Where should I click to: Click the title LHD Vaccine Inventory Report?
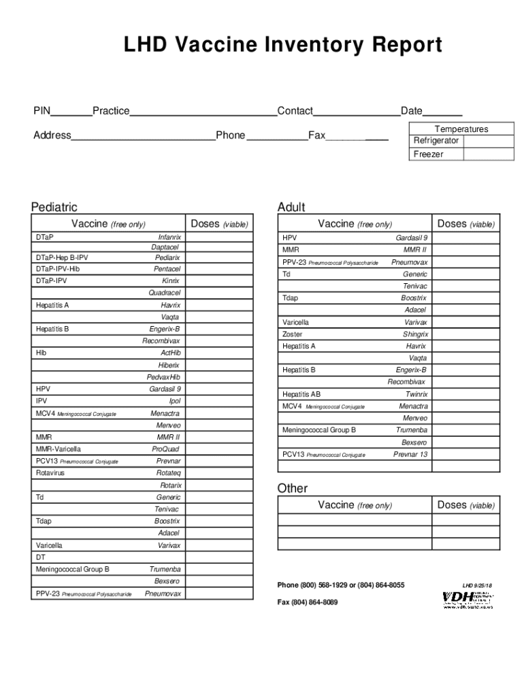point(282,46)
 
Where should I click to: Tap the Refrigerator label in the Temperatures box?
point(436,141)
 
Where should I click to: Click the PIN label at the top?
point(42,111)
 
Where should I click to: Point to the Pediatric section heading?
point(54,207)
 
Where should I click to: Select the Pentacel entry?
point(167,270)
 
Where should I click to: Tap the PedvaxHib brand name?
point(163,377)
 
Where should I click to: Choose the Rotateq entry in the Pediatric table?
point(168,473)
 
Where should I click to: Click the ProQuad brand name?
point(166,449)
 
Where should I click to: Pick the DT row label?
point(40,557)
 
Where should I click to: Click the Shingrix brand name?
point(415,334)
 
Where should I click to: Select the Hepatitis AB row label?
point(301,394)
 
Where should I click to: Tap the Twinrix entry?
point(416,394)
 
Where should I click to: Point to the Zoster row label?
point(293,334)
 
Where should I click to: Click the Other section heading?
point(293,488)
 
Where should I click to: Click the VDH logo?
point(468,599)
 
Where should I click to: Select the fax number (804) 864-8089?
point(307,602)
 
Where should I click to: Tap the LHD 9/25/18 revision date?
point(477,585)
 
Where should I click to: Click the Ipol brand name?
point(175,402)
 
